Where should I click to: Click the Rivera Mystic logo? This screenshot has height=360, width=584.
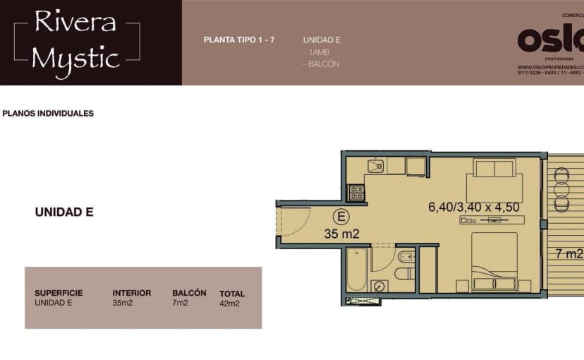(76, 42)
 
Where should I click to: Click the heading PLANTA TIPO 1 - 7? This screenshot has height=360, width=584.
(239, 40)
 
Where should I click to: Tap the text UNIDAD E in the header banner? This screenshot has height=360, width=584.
(322, 40)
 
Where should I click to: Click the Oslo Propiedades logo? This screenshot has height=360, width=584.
(551, 41)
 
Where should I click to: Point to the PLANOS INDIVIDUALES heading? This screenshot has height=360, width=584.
(48, 113)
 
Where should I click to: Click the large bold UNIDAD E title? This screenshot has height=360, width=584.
(64, 212)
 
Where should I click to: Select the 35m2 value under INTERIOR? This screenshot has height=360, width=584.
(123, 304)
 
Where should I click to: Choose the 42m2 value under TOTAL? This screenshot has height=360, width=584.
(230, 304)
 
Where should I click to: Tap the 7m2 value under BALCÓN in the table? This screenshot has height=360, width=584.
(181, 304)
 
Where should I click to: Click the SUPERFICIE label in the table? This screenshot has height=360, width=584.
(59, 293)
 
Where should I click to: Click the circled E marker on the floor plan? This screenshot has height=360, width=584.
(341, 217)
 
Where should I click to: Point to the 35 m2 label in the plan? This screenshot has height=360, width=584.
(342, 234)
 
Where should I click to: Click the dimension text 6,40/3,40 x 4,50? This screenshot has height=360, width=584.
(474, 208)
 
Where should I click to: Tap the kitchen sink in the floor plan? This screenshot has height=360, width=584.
(375, 167)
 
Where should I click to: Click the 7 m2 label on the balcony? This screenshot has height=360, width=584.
(568, 253)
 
